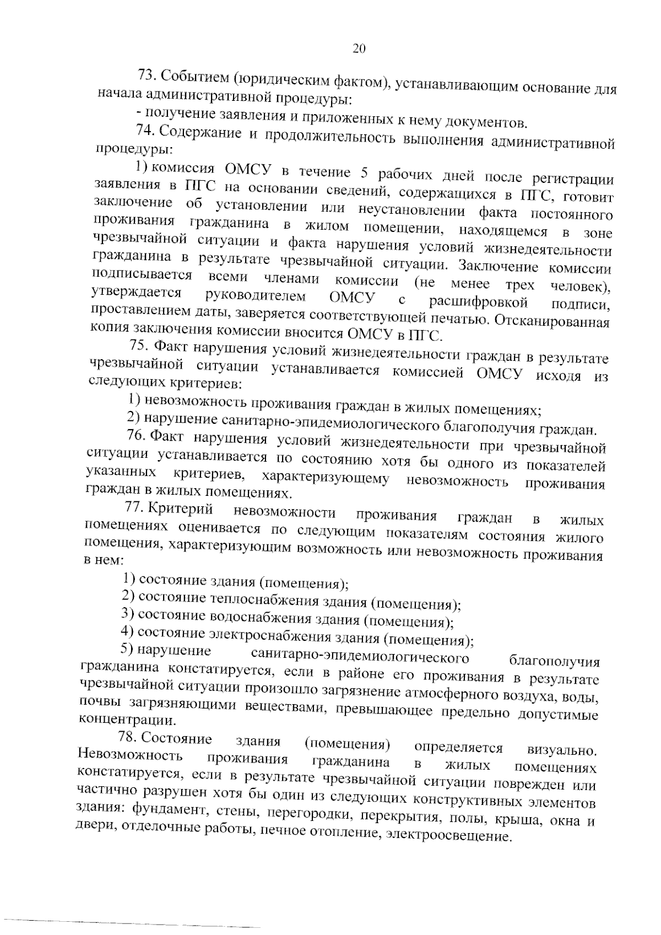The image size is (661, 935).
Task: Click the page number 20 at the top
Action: (359, 49)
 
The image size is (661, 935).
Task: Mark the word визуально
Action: (561, 750)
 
